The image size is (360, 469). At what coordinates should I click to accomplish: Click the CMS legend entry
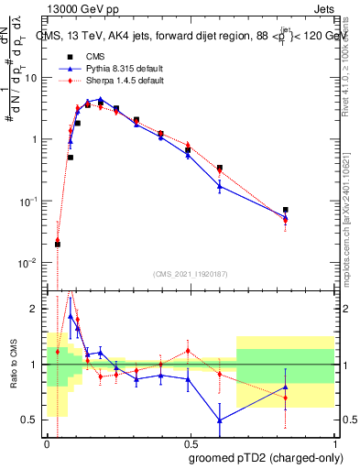point(94,57)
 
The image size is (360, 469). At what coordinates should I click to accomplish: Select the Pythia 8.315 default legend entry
point(116,69)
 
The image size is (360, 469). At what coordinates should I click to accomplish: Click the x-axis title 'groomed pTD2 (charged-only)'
point(266,458)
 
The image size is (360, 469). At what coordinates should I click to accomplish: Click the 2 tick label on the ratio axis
point(37,310)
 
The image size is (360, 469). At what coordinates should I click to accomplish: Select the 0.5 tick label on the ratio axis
point(32,420)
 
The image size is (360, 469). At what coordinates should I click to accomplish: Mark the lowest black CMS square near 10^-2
point(58,244)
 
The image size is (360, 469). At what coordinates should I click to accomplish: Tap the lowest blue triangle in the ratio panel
point(220,420)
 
